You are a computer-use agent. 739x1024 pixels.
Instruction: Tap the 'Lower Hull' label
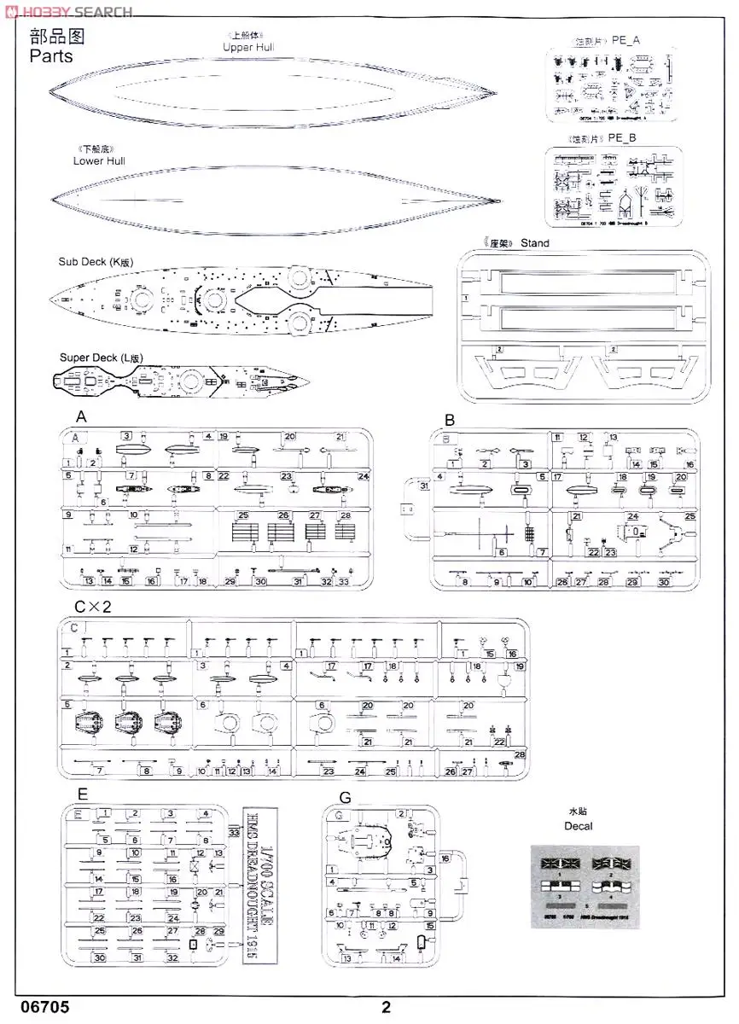click(100, 160)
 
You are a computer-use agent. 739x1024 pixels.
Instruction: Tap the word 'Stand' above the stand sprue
click(535, 243)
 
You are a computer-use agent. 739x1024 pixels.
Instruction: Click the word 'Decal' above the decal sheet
click(578, 825)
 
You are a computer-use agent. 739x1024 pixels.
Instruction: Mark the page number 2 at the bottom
click(386, 1007)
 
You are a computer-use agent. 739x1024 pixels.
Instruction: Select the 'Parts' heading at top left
click(51, 56)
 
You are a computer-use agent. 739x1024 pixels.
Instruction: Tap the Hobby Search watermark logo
click(68, 11)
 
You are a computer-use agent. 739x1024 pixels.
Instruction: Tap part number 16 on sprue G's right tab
click(445, 858)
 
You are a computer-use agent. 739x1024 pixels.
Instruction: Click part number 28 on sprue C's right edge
click(520, 754)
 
